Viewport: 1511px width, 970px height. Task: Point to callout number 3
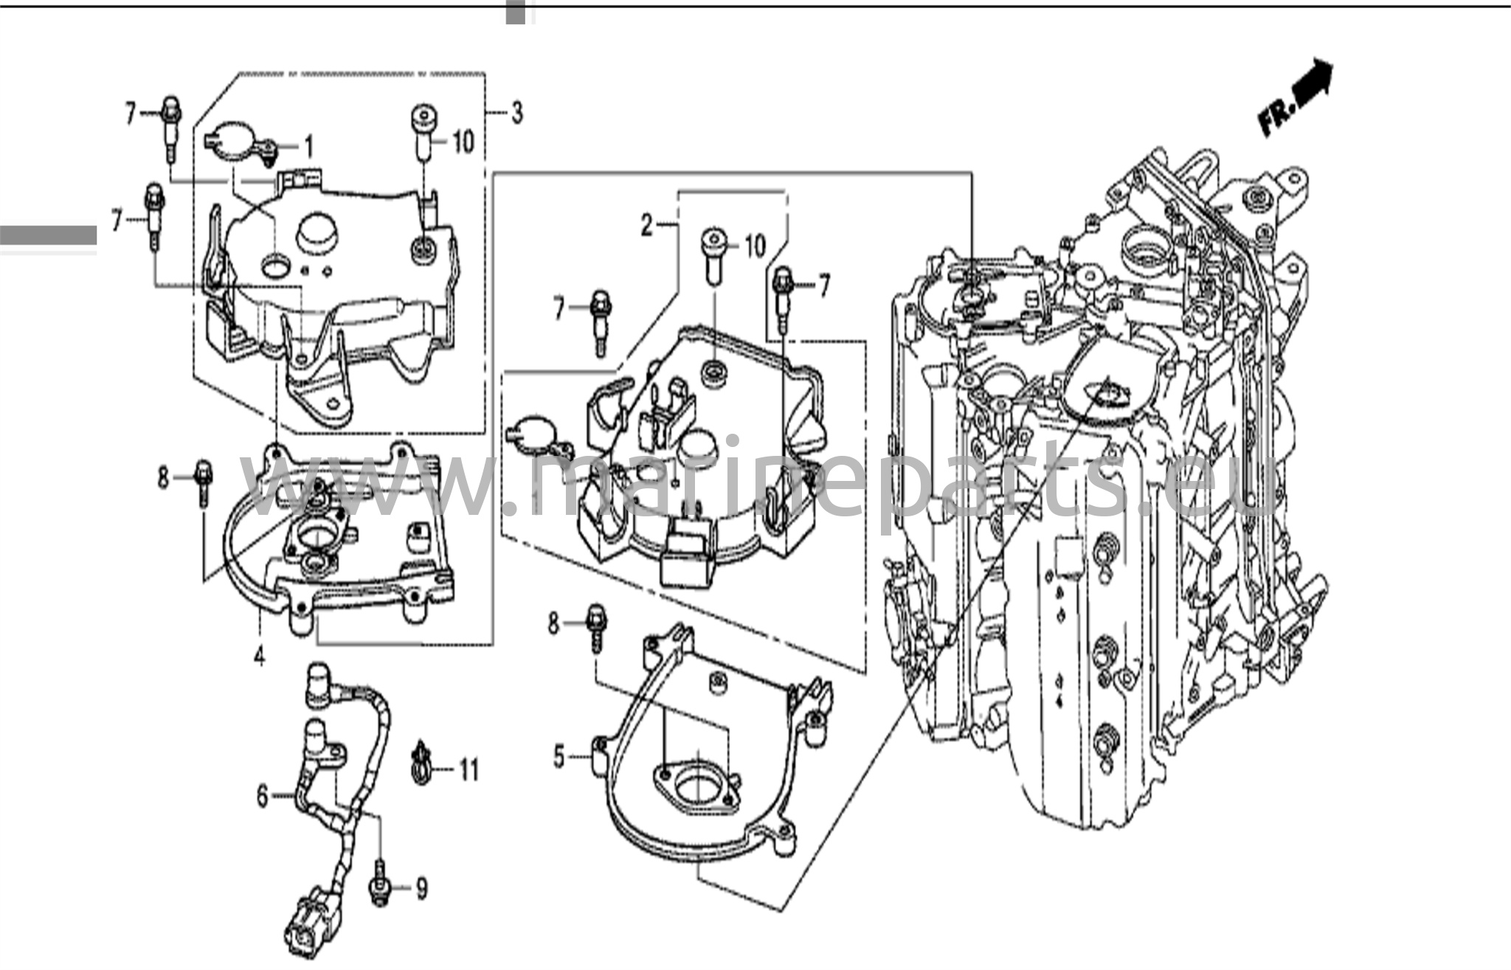[516, 113]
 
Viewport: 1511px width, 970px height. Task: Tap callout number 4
[259, 655]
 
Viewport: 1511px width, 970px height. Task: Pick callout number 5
[559, 757]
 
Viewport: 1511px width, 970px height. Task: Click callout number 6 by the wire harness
[262, 796]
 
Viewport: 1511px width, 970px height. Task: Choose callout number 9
[421, 889]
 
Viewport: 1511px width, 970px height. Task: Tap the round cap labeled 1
[238, 140]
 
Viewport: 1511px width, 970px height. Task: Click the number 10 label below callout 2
[753, 246]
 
